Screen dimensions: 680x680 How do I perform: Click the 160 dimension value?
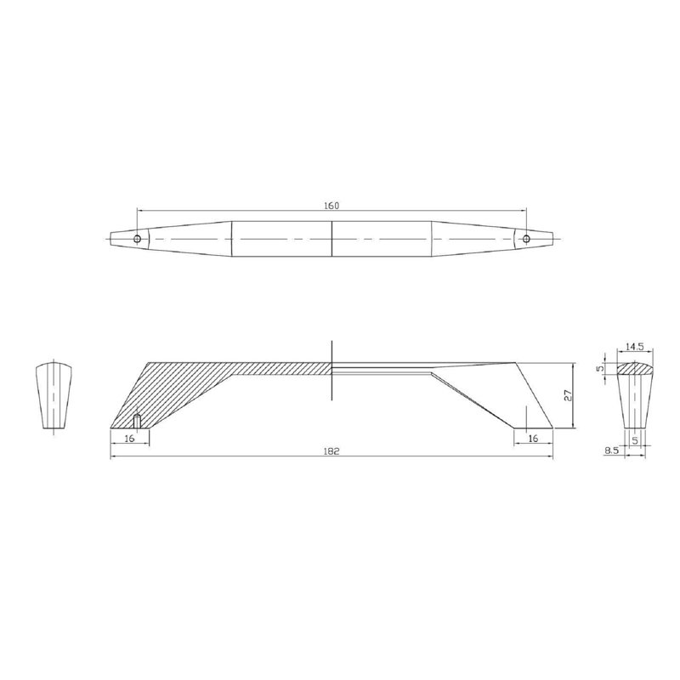331,205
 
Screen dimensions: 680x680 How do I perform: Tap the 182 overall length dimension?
331,451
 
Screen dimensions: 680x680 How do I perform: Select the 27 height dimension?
569,394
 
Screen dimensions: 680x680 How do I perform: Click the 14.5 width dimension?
635,347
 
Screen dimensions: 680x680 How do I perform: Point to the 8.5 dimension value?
611,451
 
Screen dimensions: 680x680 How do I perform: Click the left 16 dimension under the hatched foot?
130,438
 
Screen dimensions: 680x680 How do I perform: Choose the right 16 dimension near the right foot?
534,438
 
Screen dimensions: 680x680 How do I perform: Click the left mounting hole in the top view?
138,239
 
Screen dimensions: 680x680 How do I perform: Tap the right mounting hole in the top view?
526,239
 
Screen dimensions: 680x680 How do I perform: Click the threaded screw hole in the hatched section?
137,422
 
